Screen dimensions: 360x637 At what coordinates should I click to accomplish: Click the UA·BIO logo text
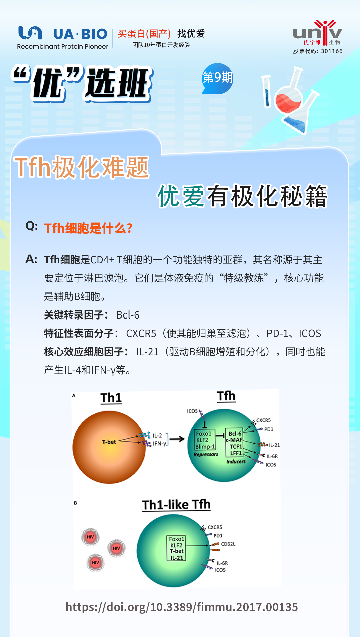coord(80,34)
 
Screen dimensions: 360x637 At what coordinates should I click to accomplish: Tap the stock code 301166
coord(332,51)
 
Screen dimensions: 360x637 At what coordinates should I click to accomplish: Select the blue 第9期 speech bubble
coord(217,78)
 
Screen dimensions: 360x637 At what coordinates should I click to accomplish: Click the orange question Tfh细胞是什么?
coord(88,228)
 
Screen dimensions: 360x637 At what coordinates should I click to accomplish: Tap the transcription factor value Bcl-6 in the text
coord(128,315)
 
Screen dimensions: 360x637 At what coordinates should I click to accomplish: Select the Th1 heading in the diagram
coord(111,398)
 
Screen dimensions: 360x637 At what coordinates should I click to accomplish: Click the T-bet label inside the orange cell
coord(109,442)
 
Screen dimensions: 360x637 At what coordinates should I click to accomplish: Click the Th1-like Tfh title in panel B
coord(176,505)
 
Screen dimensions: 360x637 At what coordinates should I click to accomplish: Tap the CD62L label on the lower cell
coord(228,544)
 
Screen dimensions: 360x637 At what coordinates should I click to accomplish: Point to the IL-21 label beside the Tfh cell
coord(274,445)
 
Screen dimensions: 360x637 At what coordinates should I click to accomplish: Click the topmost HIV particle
coord(90,537)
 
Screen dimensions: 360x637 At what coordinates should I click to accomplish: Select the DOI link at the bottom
coord(182,607)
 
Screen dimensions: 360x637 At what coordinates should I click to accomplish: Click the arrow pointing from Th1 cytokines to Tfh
coord(177,439)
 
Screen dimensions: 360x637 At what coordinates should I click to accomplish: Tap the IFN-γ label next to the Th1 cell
coord(160,444)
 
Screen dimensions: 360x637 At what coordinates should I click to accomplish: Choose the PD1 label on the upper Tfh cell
coord(269,429)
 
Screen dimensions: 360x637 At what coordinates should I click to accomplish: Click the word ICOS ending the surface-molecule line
coord(310,333)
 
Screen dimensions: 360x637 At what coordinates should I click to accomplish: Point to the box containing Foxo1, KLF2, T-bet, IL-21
coord(176,548)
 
